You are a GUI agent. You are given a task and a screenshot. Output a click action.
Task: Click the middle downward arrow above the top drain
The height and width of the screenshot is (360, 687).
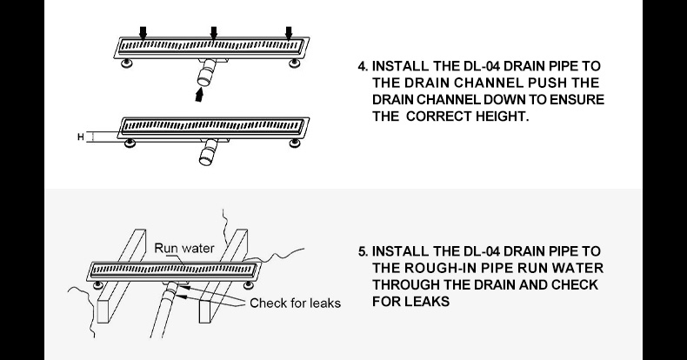pos(213,32)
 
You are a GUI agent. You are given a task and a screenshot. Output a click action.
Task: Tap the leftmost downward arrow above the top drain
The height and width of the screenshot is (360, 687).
pos(143,32)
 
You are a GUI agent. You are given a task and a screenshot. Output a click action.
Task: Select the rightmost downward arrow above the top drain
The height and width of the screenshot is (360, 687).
pos(288,32)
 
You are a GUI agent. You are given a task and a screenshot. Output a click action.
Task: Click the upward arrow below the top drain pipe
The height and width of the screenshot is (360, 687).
pos(202,96)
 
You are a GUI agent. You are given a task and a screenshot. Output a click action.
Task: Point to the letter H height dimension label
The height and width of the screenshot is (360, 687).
pos(81,137)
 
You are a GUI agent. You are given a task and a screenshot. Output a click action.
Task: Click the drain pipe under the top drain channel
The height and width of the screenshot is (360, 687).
pos(205,73)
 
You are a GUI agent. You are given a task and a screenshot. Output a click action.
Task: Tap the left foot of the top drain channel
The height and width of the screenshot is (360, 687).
pos(127,62)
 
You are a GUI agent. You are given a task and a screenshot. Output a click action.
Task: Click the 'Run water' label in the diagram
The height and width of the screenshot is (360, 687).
pos(183,249)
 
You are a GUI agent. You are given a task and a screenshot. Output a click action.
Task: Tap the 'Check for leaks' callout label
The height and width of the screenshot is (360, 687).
pos(295,303)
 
